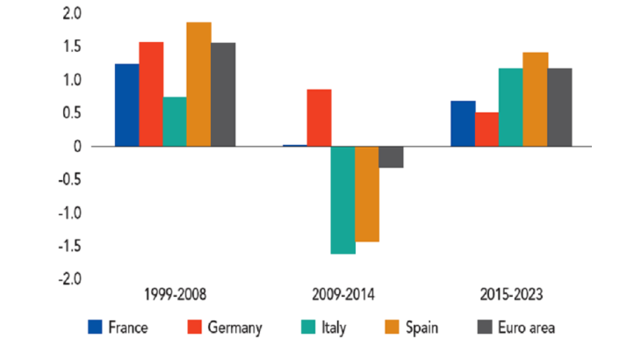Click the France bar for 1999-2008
click(126, 104)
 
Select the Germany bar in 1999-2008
click(150, 94)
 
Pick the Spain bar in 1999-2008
click(198, 84)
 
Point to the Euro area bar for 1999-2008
click(223, 94)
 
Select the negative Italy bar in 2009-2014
click(342, 200)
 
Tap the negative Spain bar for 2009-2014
click(367, 194)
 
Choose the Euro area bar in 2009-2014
click(391, 156)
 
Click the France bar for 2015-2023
click(463, 123)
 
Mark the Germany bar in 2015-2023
click(486, 129)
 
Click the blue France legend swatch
click(96, 328)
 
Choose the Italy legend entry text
click(334, 328)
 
